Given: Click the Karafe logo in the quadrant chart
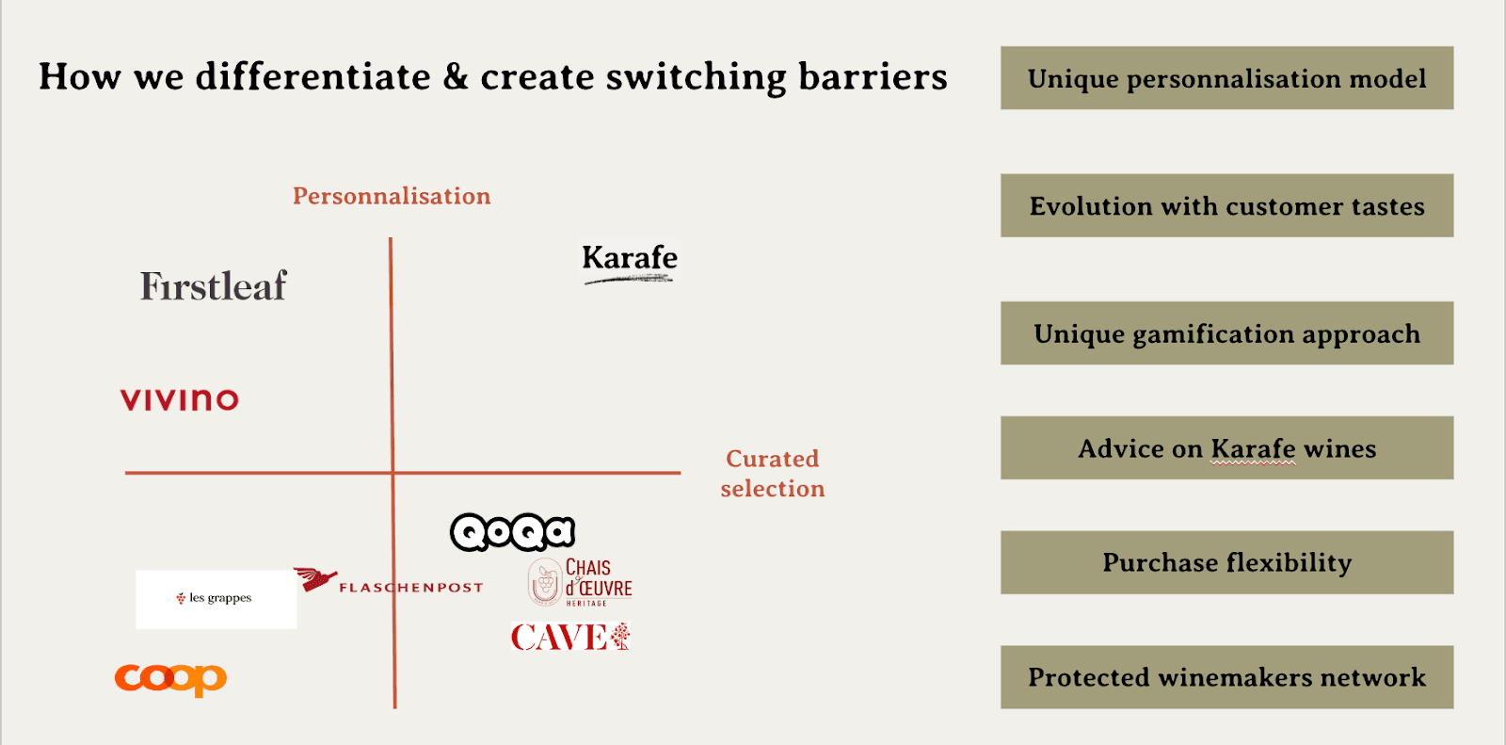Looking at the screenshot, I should tap(629, 261).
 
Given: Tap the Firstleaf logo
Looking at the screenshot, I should tap(214, 286).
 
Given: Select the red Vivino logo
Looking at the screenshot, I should tap(180, 399).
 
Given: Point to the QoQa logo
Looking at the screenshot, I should tap(513, 532).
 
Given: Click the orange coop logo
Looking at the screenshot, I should tap(170, 678).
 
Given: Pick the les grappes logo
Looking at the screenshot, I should tap(216, 598).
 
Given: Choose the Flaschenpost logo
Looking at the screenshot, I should tap(389, 584).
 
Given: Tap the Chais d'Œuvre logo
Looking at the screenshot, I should tap(581, 582).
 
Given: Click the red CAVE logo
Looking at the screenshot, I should tap(570, 638).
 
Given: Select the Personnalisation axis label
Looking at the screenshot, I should tap(392, 196).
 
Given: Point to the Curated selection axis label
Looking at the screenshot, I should tap(773, 474).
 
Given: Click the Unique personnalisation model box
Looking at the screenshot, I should tap(1226, 78).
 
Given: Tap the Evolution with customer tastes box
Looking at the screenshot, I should tap(1226, 205).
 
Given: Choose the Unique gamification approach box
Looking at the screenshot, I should tap(1226, 333).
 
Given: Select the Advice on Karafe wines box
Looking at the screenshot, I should tap(1226, 448).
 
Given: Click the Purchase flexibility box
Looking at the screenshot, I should tap(1226, 562).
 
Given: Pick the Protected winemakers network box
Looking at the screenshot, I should tap(1226, 677).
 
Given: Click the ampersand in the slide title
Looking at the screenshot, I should tap(456, 76).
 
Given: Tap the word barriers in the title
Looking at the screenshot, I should tap(873, 76).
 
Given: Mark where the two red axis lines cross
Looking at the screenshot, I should tap(393, 472).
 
